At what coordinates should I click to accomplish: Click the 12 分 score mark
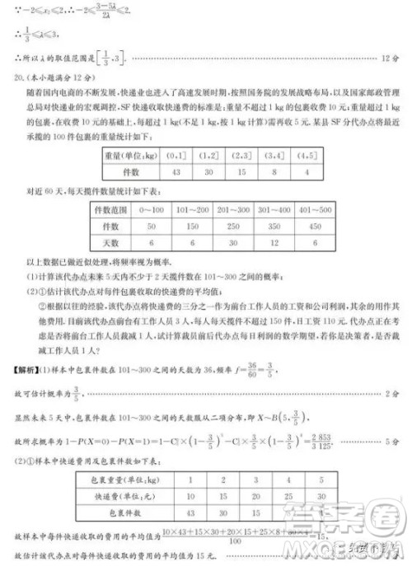pyautogui.click(x=391, y=81)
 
